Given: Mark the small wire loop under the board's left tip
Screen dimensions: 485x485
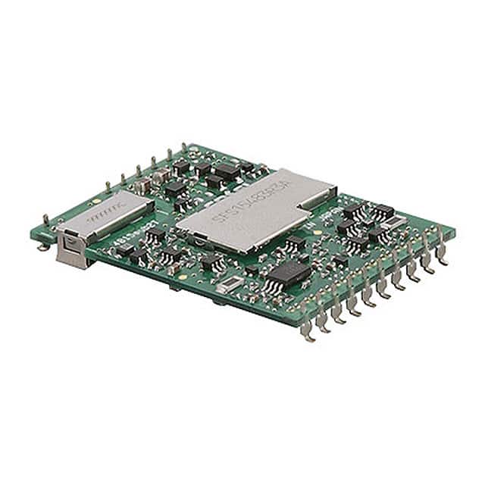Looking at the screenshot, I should (x=43, y=244).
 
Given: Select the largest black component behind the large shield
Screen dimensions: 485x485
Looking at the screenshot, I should (x=226, y=171).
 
